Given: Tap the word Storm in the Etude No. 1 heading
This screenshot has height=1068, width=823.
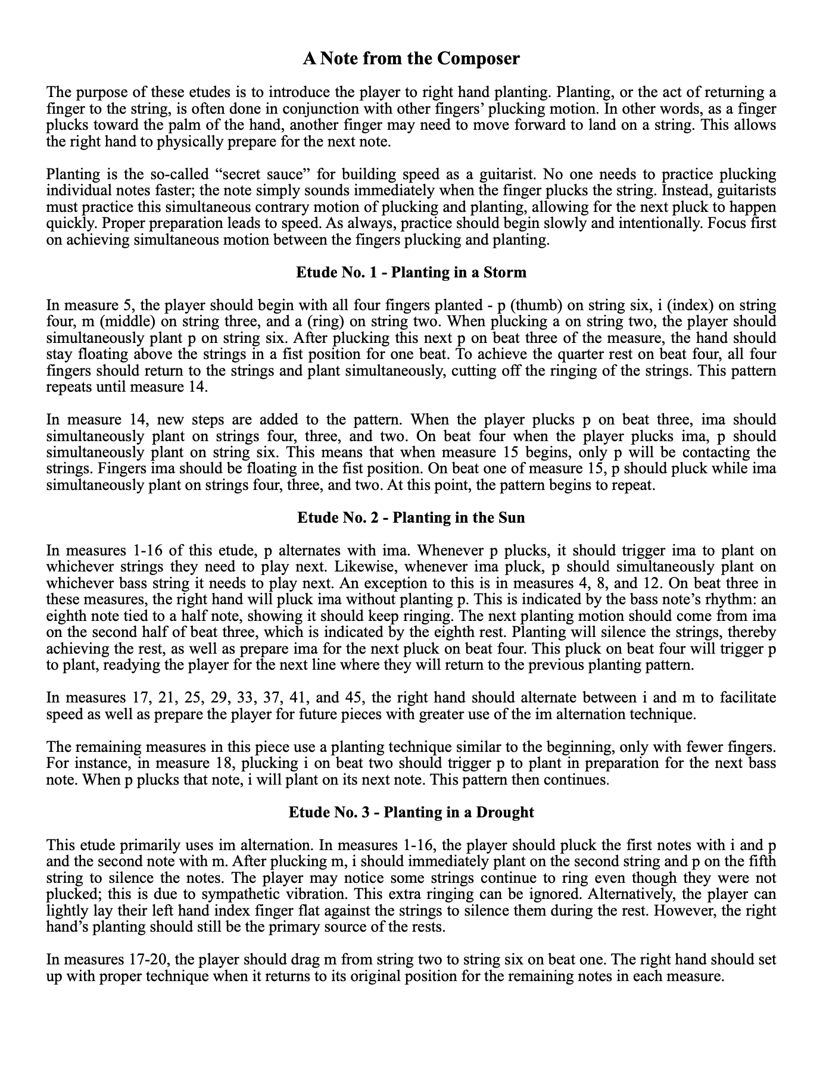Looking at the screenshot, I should [x=506, y=273].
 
